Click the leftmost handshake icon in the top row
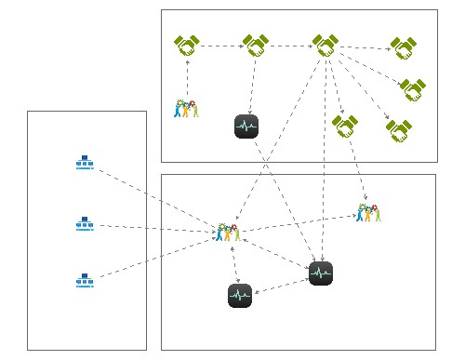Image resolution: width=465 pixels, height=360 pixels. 187,45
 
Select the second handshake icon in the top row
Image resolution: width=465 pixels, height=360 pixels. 256,45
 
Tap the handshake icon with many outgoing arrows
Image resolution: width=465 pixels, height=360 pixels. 325,45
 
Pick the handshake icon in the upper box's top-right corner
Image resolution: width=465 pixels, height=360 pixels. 403,47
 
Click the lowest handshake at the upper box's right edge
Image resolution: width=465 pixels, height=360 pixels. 399,131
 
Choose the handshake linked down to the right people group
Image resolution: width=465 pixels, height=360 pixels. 345,125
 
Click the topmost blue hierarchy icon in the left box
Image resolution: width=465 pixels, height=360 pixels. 85,163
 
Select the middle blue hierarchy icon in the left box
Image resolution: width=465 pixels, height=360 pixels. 85,224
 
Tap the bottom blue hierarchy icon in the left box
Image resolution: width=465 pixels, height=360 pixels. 85,280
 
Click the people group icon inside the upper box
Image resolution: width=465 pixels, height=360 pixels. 187,109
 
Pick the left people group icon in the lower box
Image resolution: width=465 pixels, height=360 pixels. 228,232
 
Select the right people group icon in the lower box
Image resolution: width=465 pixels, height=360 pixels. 369,213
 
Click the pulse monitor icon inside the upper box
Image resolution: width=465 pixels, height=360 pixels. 246,126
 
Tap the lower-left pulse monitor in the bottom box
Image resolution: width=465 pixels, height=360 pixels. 240,296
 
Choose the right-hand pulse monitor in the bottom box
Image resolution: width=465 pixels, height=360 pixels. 321,273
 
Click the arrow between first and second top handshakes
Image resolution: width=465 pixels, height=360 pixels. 221,45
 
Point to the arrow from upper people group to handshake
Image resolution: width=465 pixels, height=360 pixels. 187,79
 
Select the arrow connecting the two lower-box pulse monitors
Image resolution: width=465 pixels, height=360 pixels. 280,285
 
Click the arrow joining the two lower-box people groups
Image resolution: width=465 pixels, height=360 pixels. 298,222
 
